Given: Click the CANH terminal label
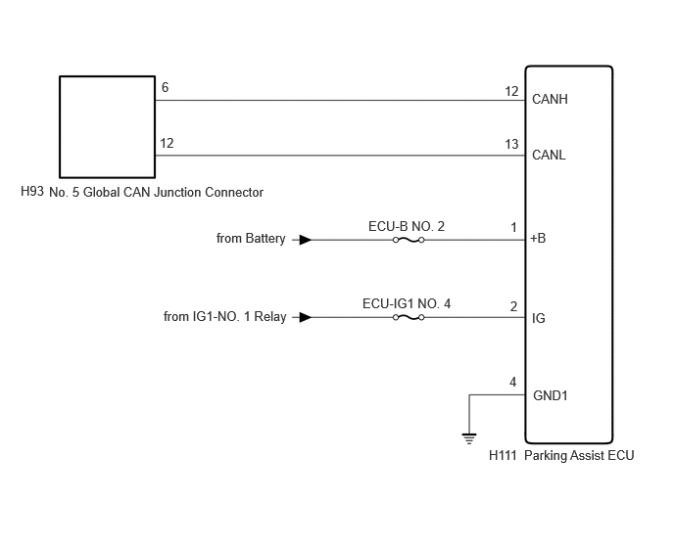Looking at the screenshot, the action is (550, 99).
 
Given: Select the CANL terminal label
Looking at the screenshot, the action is (549, 155).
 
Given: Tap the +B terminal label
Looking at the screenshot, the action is (538, 238).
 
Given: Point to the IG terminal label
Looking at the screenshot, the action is (539, 318).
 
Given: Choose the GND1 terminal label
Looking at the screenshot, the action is (551, 395).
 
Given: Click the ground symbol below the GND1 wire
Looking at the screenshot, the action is (469, 439).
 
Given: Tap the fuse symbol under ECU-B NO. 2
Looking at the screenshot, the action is (409, 240).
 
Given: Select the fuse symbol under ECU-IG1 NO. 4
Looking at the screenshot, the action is (409, 317).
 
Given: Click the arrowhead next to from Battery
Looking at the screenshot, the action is (306, 240).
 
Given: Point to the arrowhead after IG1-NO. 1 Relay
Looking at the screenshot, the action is (306, 317).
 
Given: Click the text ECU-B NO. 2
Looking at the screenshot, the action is (407, 226).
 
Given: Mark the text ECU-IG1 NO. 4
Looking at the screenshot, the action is (407, 304).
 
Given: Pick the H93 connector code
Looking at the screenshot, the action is (32, 191).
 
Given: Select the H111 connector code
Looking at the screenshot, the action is (503, 455).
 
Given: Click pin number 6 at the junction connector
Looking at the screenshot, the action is (165, 88).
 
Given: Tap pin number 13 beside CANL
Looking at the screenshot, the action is (511, 144).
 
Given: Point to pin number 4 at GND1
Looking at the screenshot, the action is (512, 383).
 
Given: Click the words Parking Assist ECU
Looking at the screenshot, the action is (579, 455).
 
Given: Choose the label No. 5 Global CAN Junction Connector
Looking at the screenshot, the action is (156, 192).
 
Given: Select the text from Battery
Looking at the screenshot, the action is (251, 239).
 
